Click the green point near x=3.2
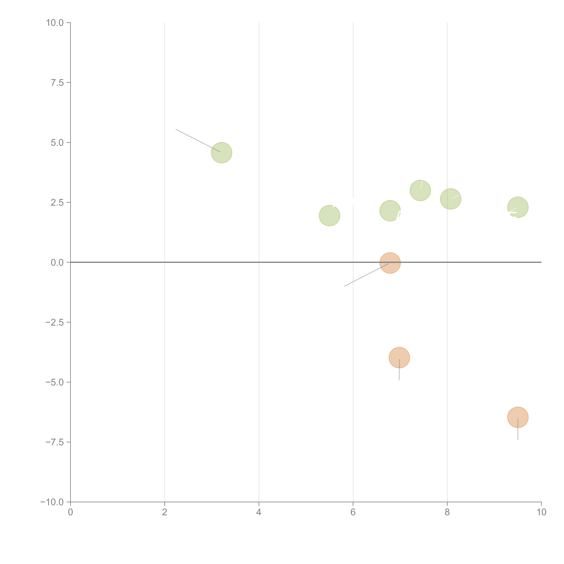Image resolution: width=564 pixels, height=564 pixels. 222,153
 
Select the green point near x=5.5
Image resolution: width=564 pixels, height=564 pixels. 329,216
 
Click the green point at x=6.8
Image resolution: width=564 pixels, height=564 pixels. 390,211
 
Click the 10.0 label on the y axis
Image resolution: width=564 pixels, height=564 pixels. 55,23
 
